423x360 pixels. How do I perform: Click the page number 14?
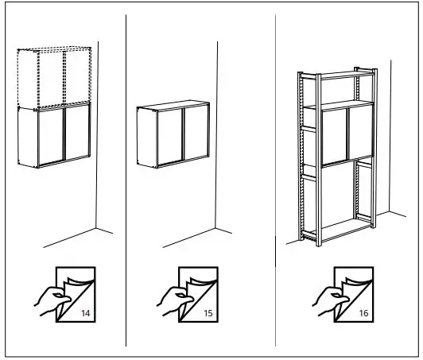pos(85,313)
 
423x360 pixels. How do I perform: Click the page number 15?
pos(208,313)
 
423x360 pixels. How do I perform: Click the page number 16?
pos(363,313)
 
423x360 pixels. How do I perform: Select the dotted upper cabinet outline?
pos(54,78)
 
